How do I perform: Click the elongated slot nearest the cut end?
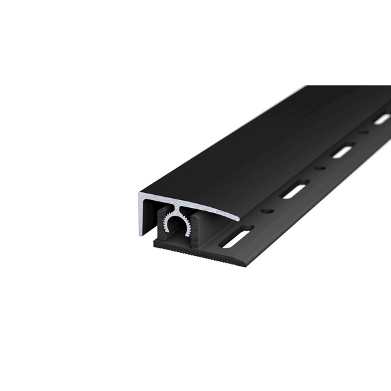235,238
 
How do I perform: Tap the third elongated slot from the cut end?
342,152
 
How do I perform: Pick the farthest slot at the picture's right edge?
382,119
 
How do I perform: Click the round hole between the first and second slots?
267,211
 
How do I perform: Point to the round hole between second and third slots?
319,169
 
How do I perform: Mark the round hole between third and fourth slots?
364,133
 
